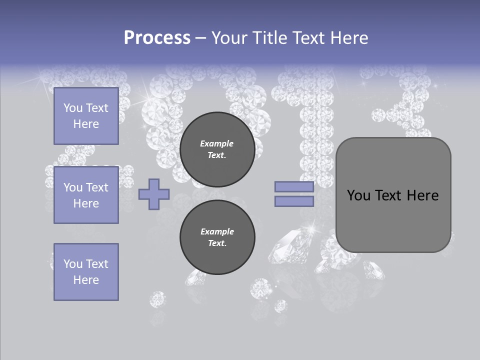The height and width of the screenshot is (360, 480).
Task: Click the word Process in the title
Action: point(157,38)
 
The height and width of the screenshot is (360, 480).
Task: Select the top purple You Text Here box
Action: point(86,116)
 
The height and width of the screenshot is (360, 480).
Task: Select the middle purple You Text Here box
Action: point(86,195)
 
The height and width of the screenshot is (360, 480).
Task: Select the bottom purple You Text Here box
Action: point(86,272)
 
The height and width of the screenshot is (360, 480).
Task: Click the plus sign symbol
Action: point(154,194)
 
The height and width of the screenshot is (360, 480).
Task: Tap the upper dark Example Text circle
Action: point(217,149)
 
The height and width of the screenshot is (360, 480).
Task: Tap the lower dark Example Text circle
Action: point(217,237)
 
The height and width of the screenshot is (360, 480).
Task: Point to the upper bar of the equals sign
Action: point(294,186)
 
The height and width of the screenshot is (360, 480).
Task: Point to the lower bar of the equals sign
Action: point(294,201)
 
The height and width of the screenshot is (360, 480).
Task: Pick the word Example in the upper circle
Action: point(217,143)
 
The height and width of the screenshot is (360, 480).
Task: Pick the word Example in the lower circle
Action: point(217,231)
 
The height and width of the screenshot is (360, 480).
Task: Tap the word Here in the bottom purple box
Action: point(86,280)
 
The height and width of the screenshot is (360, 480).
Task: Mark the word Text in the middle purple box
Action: point(96,187)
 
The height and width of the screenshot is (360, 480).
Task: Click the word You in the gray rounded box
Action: point(358,195)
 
